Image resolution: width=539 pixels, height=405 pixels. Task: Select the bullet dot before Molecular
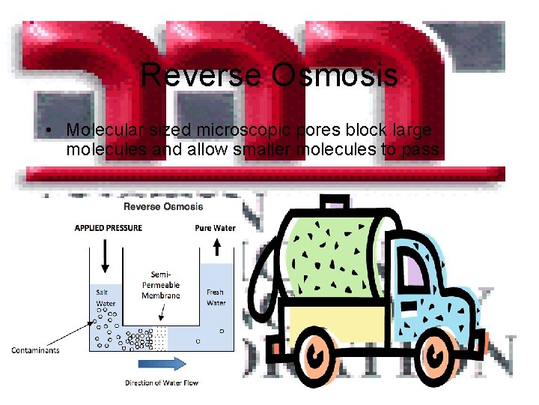click(x=47, y=131)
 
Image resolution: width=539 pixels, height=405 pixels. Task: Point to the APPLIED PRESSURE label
click(x=106, y=228)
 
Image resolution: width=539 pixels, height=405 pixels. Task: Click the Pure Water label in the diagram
click(x=215, y=228)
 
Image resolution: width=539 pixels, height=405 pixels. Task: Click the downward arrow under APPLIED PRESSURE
click(x=106, y=259)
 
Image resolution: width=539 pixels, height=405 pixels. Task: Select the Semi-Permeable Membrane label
click(x=161, y=285)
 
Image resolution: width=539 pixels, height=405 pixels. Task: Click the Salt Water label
click(x=106, y=298)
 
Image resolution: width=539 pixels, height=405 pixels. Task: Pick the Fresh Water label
click(x=216, y=298)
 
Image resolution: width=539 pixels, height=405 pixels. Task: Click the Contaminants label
click(x=35, y=349)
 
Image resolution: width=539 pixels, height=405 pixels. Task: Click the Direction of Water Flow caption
click(x=161, y=383)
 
